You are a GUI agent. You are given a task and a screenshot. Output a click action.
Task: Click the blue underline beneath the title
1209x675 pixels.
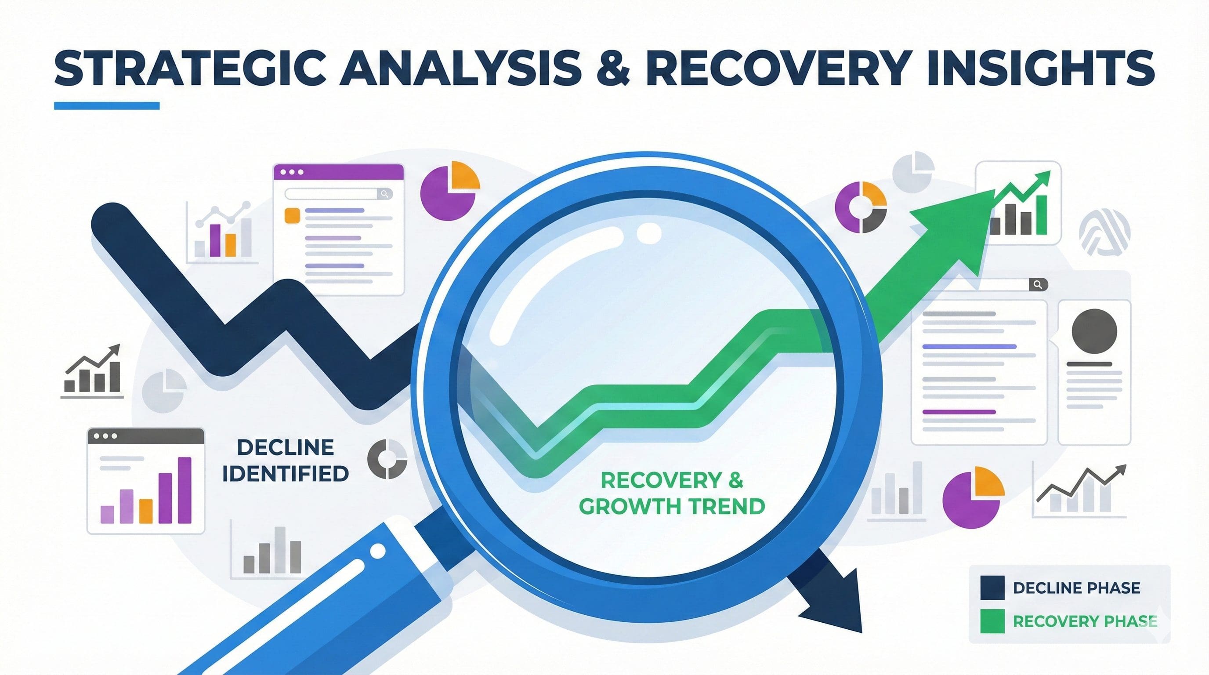[x=107, y=105]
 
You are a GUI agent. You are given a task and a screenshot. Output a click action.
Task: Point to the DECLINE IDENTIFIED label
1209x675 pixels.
[x=286, y=461]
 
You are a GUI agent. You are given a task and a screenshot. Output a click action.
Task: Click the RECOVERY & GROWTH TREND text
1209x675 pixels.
[x=672, y=494]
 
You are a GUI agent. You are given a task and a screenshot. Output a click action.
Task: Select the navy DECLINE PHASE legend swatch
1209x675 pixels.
[x=992, y=588]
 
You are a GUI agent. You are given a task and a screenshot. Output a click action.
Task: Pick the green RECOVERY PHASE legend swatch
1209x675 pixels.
[x=992, y=621]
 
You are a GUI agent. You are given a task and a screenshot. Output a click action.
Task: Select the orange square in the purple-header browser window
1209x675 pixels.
[x=292, y=215]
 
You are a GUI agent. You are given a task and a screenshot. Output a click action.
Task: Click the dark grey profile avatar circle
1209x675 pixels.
[x=1094, y=331]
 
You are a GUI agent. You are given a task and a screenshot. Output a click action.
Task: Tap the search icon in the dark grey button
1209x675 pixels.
[x=1038, y=284]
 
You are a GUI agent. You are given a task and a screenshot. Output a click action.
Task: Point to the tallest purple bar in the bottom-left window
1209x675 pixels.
[x=185, y=490]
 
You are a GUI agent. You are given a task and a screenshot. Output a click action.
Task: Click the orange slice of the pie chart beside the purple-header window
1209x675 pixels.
[x=464, y=175]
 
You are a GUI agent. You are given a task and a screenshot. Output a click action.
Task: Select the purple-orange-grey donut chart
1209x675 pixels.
[x=861, y=207]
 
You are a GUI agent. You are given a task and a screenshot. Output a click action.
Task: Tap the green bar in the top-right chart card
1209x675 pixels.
[x=1041, y=214]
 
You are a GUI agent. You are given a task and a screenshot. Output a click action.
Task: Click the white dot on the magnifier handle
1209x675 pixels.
[x=377, y=552]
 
